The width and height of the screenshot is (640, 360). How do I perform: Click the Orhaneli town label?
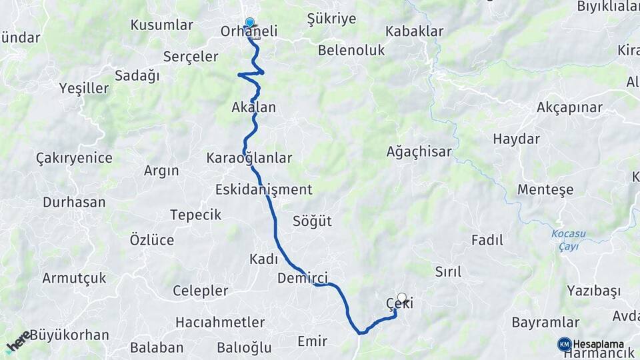click(249, 31)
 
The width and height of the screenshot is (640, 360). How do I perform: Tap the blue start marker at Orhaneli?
click(250, 22)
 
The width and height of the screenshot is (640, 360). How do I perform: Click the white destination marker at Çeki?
click(401, 297)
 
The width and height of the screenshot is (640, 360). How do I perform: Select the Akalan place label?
click(253, 107)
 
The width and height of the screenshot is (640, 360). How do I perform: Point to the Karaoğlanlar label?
click(249, 158)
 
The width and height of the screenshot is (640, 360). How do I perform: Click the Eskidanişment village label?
click(263, 189)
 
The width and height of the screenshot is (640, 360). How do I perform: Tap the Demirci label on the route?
click(302, 278)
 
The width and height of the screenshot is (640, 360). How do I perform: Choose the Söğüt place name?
click(312, 221)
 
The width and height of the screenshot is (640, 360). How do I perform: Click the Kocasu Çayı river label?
click(564, 240)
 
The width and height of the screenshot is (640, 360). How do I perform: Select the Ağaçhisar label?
click(419, 152)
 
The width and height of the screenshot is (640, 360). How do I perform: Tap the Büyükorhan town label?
click(69, 335)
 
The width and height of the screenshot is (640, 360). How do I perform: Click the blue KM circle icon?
click(564, 344)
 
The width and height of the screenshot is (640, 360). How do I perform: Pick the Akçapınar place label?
click(569, 108)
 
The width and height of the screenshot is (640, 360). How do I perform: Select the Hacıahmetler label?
click(220, 323)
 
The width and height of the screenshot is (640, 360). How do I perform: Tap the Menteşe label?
click(545, 189)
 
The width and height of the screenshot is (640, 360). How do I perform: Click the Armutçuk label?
click(74, 278)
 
